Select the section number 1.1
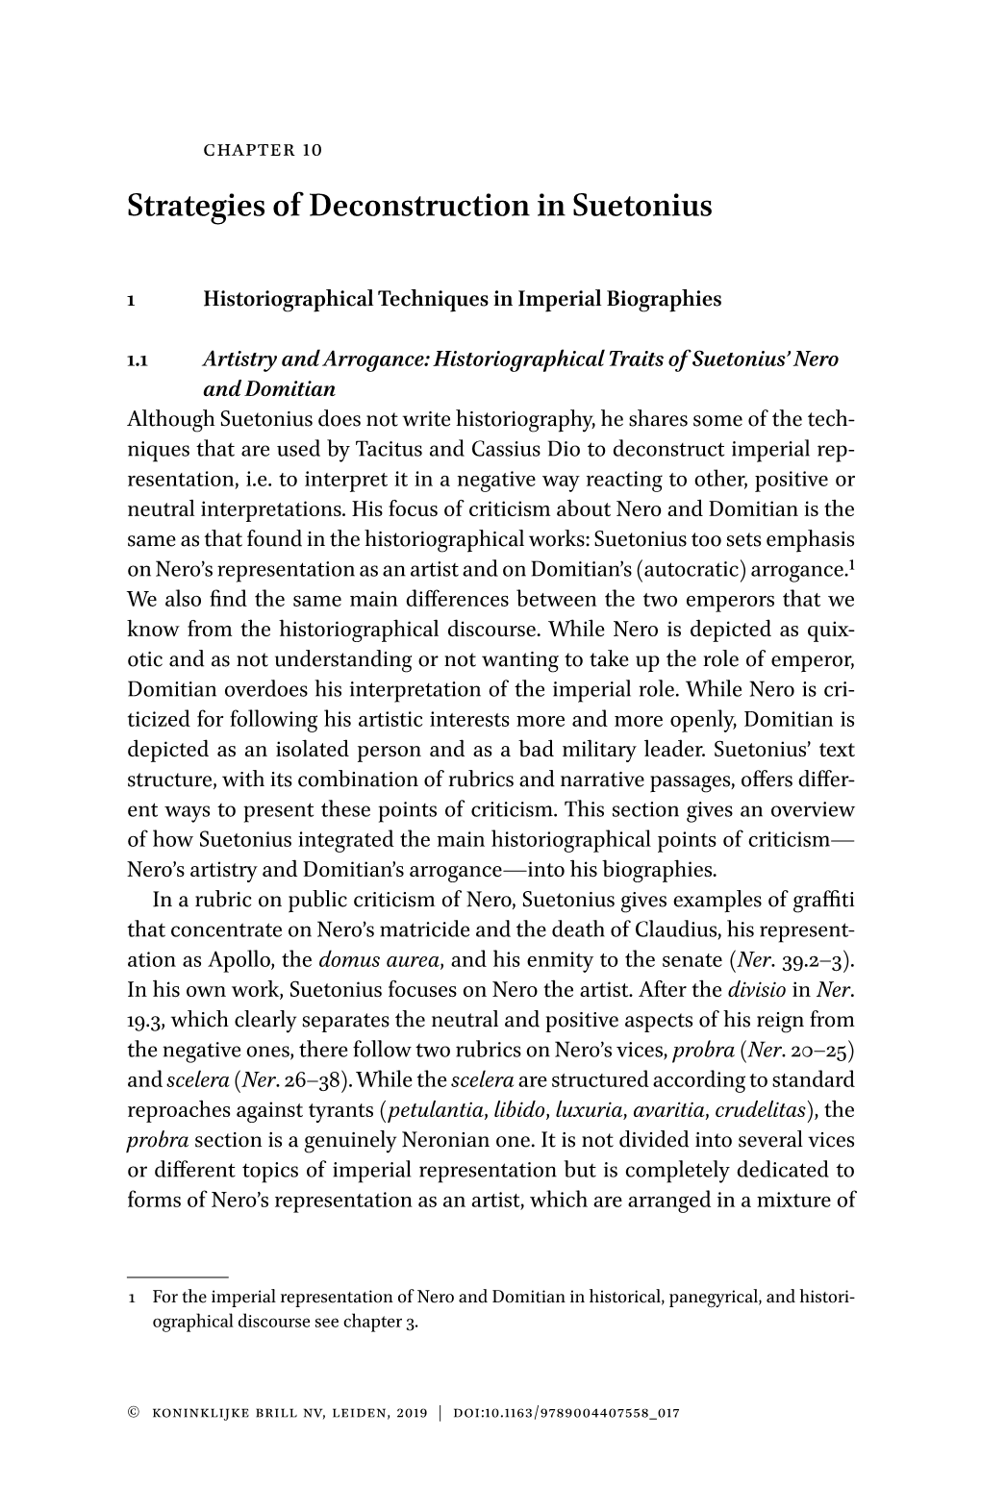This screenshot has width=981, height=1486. click(136, 360)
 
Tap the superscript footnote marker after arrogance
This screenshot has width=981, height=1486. click(852, 565)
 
